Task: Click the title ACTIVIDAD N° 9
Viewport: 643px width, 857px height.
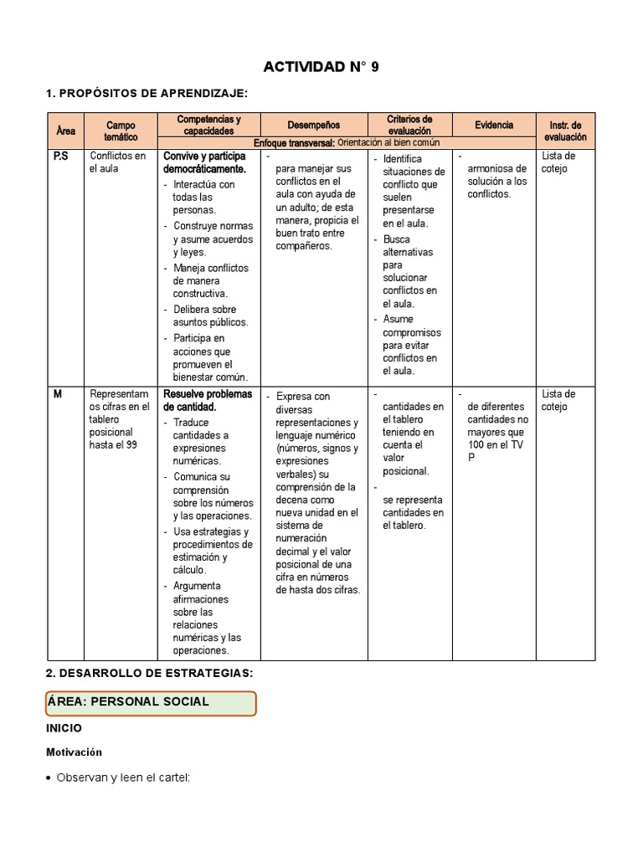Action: tap(321, 67)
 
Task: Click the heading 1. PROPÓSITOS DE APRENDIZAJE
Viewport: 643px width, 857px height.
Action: tap(147, 93)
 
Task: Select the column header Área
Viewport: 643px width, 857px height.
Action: tap(65, 131)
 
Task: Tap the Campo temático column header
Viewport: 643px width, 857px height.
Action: tap(121, 131)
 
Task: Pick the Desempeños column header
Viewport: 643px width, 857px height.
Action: tap(313, 125)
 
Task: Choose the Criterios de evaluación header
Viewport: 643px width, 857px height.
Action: tap(409, 125)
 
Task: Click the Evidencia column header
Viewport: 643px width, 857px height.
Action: tap(494, 125)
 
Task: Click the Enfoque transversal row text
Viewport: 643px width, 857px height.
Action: tap(346, 142)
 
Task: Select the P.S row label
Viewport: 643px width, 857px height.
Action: tap(61, 157)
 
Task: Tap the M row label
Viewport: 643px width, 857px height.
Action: tap(58, 394)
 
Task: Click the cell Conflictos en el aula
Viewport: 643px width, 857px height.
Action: tap(117, 162)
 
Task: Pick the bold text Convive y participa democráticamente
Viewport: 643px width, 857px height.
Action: tap(204, 162)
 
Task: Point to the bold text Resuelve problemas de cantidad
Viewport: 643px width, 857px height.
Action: tap(207, 400)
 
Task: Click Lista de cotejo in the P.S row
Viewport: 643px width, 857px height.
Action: tap(558, 162)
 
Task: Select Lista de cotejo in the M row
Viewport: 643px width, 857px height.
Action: tap(558, 400)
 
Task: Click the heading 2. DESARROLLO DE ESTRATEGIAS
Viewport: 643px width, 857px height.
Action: tap(149, 673)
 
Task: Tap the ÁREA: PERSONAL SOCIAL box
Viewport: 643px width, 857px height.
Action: tap(151, 703)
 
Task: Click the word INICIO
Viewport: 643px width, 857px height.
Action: tap(64, 729)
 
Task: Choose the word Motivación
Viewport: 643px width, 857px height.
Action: tap(74, 752)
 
